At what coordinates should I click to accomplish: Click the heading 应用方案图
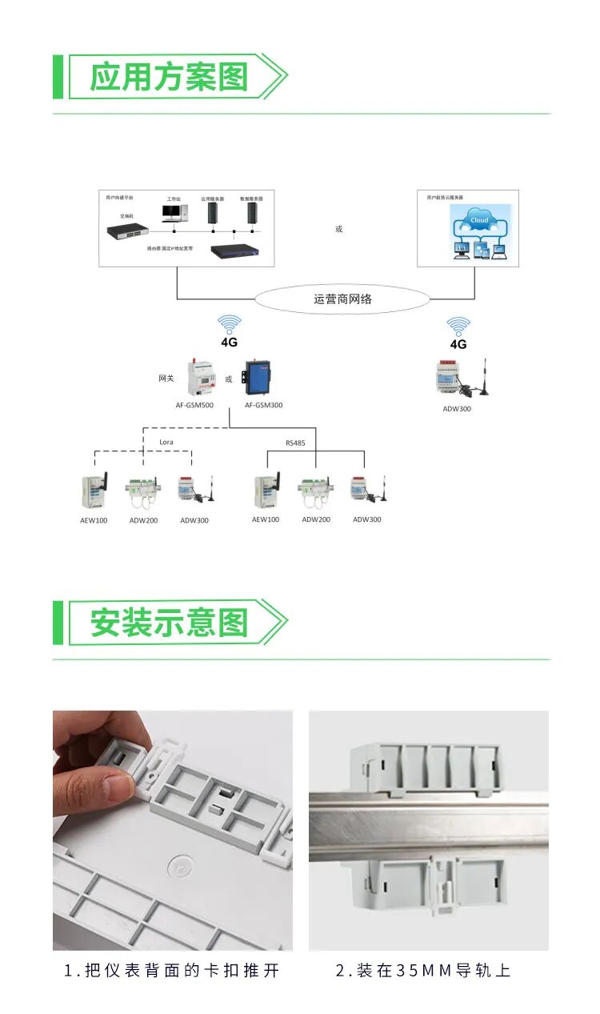(x=169, y=77)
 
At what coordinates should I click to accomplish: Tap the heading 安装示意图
(x=169, y=623)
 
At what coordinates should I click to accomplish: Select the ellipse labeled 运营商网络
(x=342, y=299)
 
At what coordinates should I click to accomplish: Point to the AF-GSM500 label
(x=194, y=405)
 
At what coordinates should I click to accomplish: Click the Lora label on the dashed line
(x=166, y=442)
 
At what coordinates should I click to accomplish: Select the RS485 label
(x=295, y=442)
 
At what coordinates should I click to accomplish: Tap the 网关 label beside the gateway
(x=166, y=378)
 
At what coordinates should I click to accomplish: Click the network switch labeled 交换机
(x=128, y=231)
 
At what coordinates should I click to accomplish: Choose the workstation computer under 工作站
(x=174, y=212)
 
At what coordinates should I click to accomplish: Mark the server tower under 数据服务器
(x=253, y=213)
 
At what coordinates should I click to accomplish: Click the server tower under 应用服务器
(x=213, y=213)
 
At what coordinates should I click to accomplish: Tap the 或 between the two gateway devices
(x=229, y=379)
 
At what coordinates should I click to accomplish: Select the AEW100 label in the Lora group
(x=94, y=520)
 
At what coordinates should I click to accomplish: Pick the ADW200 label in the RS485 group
(x=316, y=519)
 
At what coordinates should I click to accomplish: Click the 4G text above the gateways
(x=230, y=342)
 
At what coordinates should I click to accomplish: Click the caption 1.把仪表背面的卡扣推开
(x=172, y=971)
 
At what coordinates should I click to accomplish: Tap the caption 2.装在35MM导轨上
(x=423, y=971)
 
